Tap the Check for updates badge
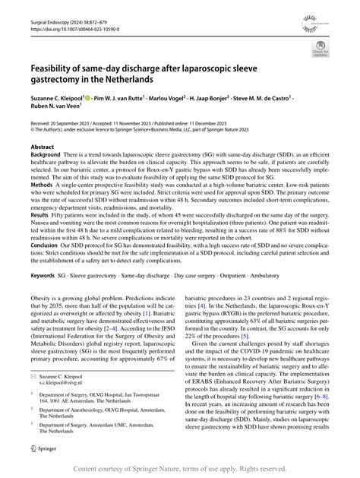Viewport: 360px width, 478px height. click(321, 51)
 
